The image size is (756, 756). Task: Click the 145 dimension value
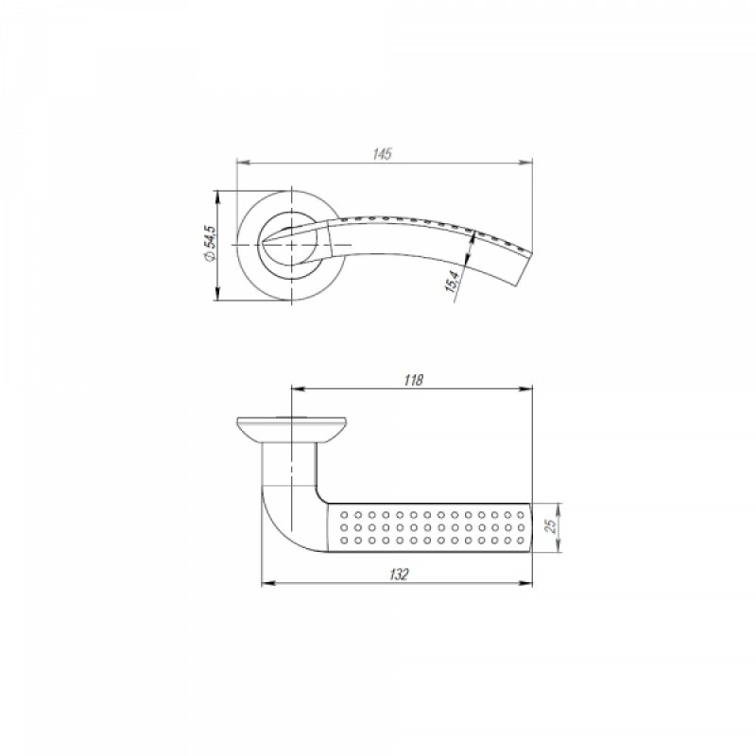pyautogui.click(x=383, y=154)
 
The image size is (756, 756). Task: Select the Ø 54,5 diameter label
pyautogui.click(x=210, y=244)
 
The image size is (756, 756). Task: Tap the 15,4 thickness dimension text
pyautogui.click(x=453, y=281)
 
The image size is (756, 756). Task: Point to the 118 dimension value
pyautogui.click(x=413, y=380)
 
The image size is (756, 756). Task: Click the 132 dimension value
pyautogui.click(x=399, y=575)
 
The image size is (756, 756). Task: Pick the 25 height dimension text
pyautogui.click(x=552, y=525)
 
